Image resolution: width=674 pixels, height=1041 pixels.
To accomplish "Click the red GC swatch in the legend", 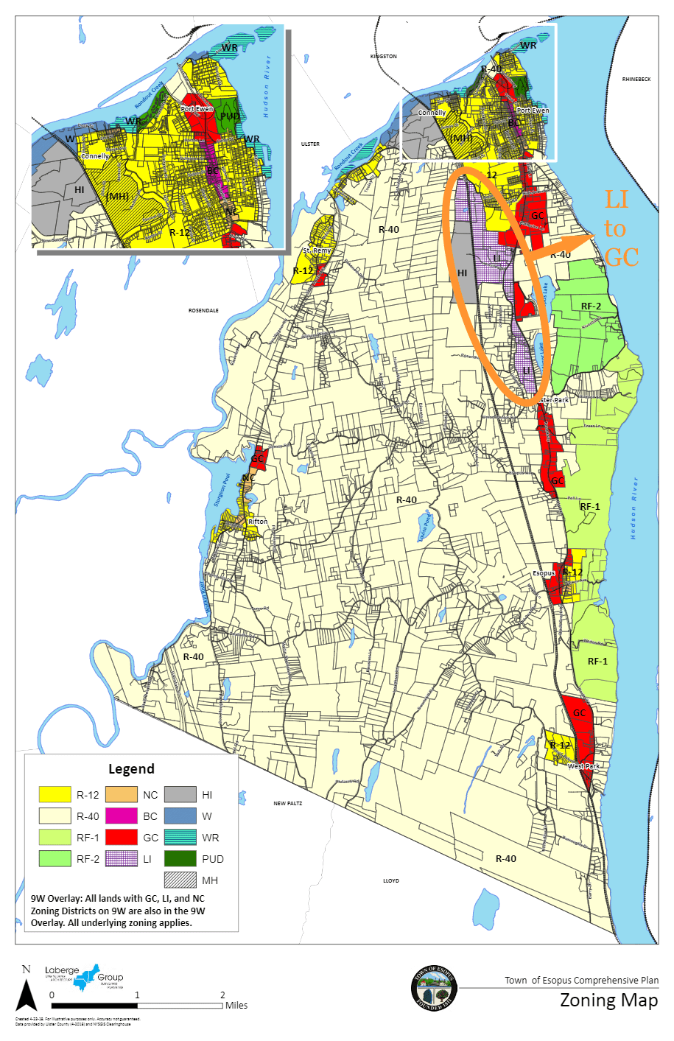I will (x=121, y=837).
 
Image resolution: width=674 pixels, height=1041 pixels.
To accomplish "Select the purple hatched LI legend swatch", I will (x=121, y=858).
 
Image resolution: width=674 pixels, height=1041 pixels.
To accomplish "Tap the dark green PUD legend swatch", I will (x=180, y=858).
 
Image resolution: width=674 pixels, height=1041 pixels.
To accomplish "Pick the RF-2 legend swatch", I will (x=55, y=858).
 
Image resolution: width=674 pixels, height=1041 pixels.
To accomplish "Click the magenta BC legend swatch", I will (x=121, y=816).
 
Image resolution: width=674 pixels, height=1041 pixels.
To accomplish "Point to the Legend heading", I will (x=131, y=769).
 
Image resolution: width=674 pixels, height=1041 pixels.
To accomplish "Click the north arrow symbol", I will (x=27, y=991).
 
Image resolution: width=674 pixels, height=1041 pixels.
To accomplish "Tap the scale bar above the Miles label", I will (x=137, y=1005).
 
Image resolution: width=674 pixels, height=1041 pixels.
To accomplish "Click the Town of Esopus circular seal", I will (x=434, y=987).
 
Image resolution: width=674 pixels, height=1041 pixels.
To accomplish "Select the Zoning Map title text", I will (x=608, y=1000).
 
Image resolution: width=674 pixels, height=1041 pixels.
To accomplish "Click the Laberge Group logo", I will (x=83, y=977).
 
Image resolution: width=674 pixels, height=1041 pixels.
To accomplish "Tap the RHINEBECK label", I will (x=636, y=79).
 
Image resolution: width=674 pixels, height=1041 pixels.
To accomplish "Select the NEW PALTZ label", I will (x=288, y=803).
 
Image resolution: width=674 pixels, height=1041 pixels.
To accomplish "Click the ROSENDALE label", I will (x=203, y=311).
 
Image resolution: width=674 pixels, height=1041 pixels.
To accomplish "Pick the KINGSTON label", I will (x=383, y=56).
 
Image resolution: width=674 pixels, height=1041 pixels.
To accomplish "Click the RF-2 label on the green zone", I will (x=591, y=306).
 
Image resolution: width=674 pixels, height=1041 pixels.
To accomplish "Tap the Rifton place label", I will (x=258, y=522).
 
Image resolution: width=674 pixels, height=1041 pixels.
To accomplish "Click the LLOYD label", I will (x=390, y=880).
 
